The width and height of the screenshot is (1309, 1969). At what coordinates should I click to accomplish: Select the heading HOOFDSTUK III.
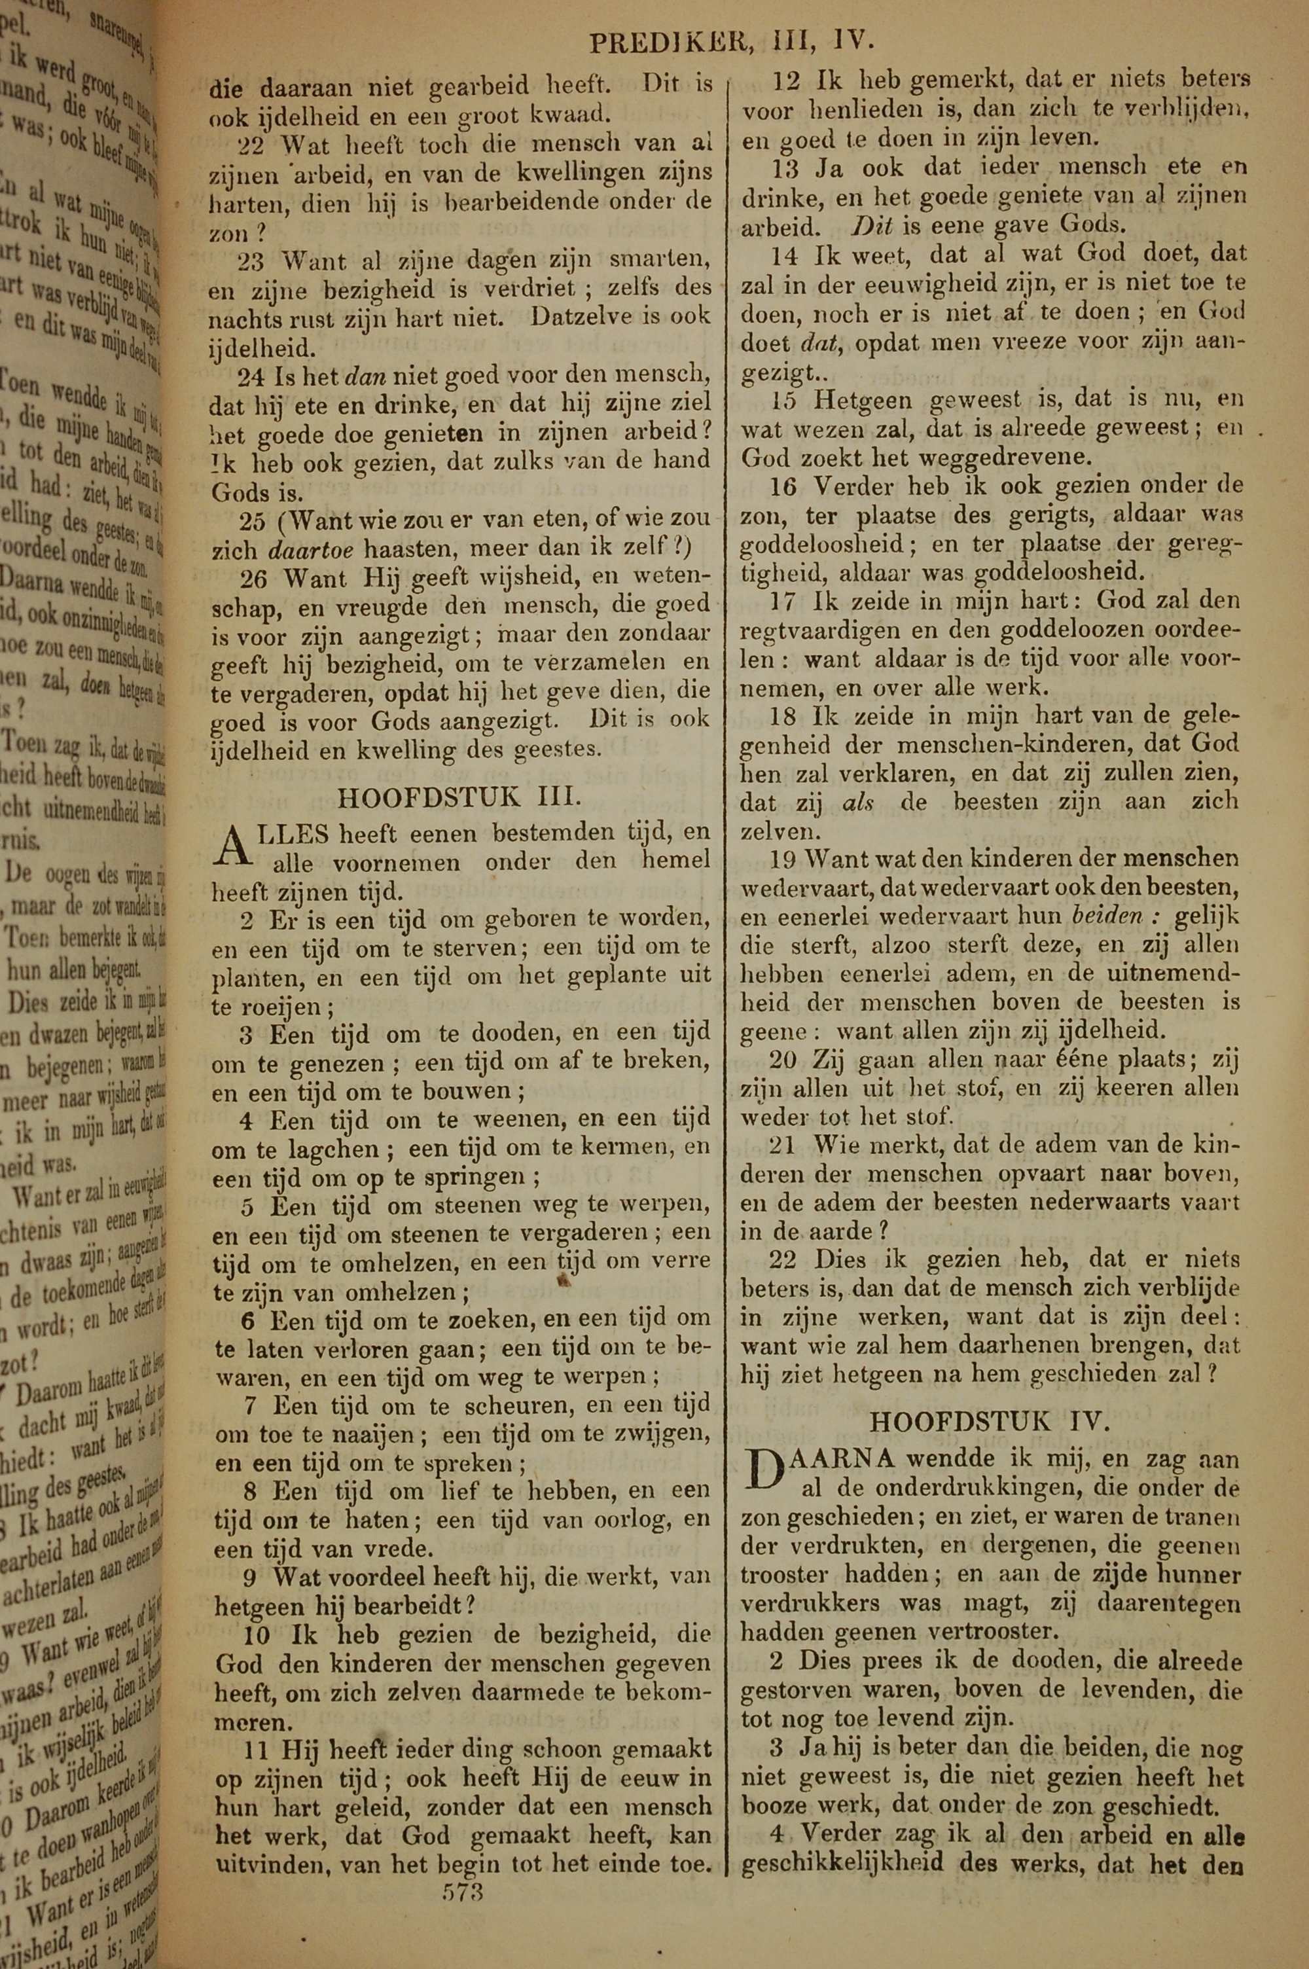tap(459, 797)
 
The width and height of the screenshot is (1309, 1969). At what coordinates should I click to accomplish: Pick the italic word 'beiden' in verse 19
tap(1107, 916)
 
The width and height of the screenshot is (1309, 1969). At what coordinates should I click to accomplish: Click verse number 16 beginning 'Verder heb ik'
tap(785, 486)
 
